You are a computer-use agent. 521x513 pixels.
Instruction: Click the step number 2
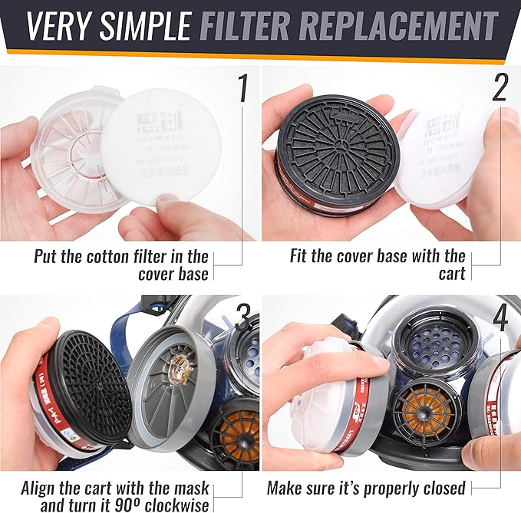click(500, 89)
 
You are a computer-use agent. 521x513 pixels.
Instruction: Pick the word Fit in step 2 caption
click(301, 256)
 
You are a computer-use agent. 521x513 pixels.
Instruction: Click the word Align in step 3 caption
click(41, 488)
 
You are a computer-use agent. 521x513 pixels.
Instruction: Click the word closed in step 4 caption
click(440, 488)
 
